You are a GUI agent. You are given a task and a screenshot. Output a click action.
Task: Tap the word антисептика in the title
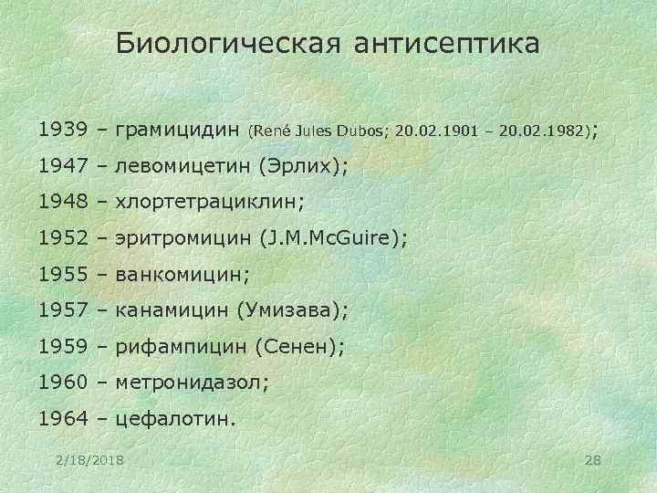(449, 44)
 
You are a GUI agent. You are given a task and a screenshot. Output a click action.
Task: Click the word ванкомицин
(176, 274)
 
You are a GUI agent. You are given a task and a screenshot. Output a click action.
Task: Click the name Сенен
(299, 347)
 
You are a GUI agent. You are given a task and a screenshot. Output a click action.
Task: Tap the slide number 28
(591, 456)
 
